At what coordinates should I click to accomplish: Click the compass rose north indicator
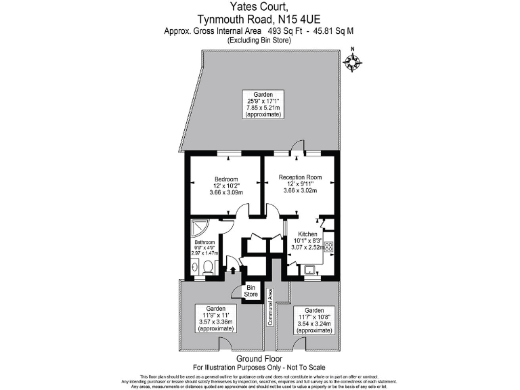click(352, 62)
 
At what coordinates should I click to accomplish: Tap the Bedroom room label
click(226, 179)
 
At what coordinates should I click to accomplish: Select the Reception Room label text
click(300, 177)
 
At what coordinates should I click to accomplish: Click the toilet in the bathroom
click(209, 269)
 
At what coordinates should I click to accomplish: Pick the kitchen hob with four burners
click(329, 246)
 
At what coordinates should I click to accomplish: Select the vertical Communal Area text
click(270, 307)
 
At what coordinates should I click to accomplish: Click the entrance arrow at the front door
click(233, 270)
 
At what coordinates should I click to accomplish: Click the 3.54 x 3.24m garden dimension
click(314, 324)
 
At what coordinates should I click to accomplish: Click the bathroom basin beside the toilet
click(194, 269)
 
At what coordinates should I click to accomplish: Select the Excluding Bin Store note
click(259, 41)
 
